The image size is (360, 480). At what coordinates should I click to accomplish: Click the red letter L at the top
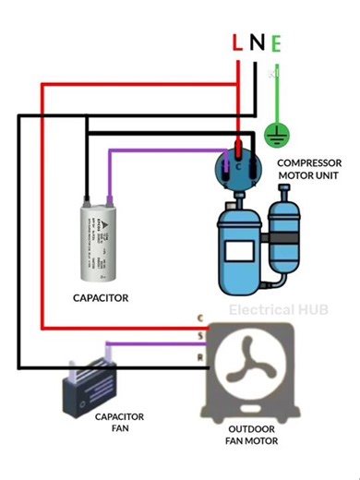click(237, 42)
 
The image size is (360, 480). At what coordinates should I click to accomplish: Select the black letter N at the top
click(257, 42)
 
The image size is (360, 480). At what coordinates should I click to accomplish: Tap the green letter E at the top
click(276, 42)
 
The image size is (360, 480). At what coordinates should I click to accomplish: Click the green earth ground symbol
click(273, 136)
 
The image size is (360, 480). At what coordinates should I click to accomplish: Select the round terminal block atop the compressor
click(239, 167)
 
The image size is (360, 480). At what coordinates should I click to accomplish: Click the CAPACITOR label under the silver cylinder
click(100, 298)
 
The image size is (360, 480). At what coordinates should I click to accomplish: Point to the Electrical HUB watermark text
click(278, 310)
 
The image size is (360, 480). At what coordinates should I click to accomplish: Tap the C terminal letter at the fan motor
click(200, 317)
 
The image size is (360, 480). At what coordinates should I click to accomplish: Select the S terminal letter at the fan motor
click(200, 336)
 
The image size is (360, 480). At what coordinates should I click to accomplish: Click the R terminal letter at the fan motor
click(200, 355)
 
